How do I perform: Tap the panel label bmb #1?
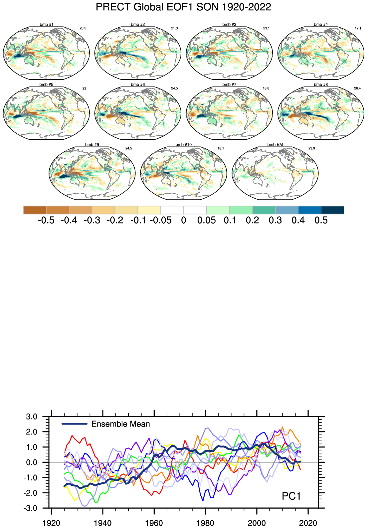tap(46, 25)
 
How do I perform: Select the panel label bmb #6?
tap(138, 85)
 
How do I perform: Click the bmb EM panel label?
tap(275, 144)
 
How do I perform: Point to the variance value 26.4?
tap(357, 88)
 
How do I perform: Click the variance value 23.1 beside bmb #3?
tap(266, 28)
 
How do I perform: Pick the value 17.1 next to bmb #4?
tap(358, 28)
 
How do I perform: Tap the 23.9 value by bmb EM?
tap(311, 148)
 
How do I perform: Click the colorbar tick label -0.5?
tap(46, 220)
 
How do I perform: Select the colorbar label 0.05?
tap(206, 220)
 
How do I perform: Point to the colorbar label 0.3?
tap(275, 220)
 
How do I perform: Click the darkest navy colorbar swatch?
tap(332, 210)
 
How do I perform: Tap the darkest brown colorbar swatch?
tap(35, 210)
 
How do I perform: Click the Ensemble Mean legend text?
tap(120, 424)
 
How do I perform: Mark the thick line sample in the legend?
tap(75, 424)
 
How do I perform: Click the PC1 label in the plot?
tap(291, 496)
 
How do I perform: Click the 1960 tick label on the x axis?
tap(154, 523)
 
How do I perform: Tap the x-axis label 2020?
tap(308, 523)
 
